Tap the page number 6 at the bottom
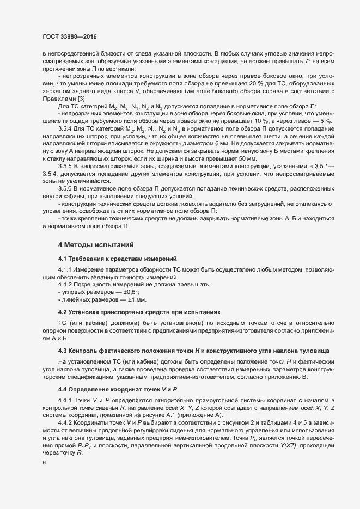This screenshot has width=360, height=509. click(x=44, y=463)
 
